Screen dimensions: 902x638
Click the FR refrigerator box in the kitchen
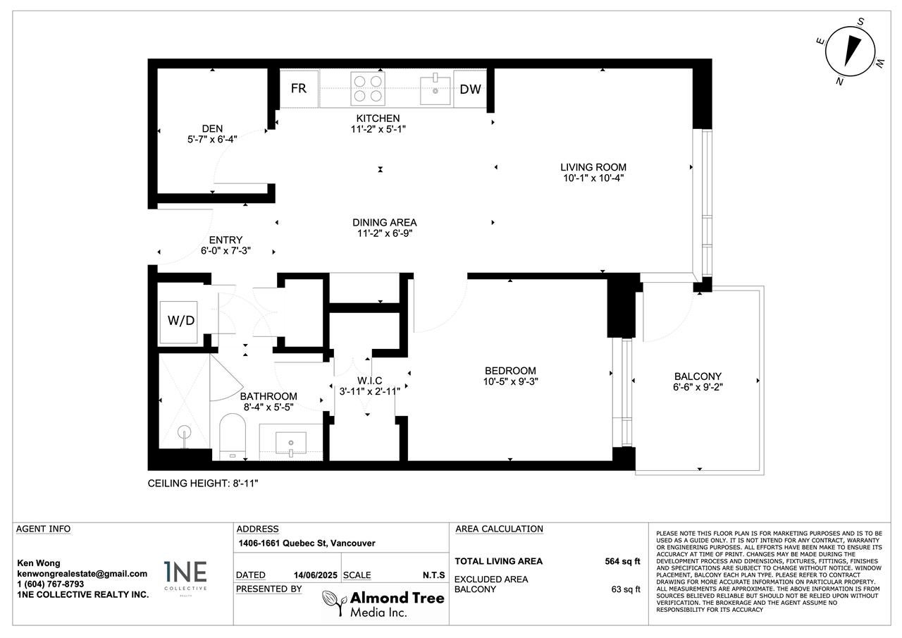pyautogui.click(x=299, y=89)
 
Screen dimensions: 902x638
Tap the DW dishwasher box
pyautogui.click(x=470, y=89)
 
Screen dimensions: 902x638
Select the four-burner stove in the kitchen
pyautogui.click(x=368, y=89)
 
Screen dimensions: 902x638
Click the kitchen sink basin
pyautogui.click(x=435, y=90)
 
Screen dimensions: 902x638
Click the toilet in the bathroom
pyautogui.click(x=233, y=436)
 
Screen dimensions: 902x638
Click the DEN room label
pyautogui.click(x=212, y=128)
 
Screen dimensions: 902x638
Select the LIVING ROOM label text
pyautogui.click(x=593, y=167)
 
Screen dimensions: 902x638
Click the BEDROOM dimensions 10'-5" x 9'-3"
pyautogui.click(x=511, y=381)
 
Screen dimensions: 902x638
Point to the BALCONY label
pyautogui.click(x=698, y=376)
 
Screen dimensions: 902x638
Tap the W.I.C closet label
pyautogui.click(x=369, y=381)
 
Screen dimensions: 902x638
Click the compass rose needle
pyautogui.click(x=852, y=56)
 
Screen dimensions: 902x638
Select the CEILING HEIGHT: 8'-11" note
pyautogui.click(x=203, y=484)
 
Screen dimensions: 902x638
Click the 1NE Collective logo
pyautogui.click(x=185, y=577)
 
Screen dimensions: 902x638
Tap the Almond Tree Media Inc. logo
pyautogui.click(x=383, y=603)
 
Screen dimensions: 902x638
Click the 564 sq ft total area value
pyautogui.click(x=622, y=561)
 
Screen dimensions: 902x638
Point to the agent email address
pyautogui.click(x=82, y=574)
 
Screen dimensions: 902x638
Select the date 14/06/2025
pyautogui.click(x=315, y=575)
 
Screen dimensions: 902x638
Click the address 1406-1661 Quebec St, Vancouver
pyautogui.click(x=307, y=543)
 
